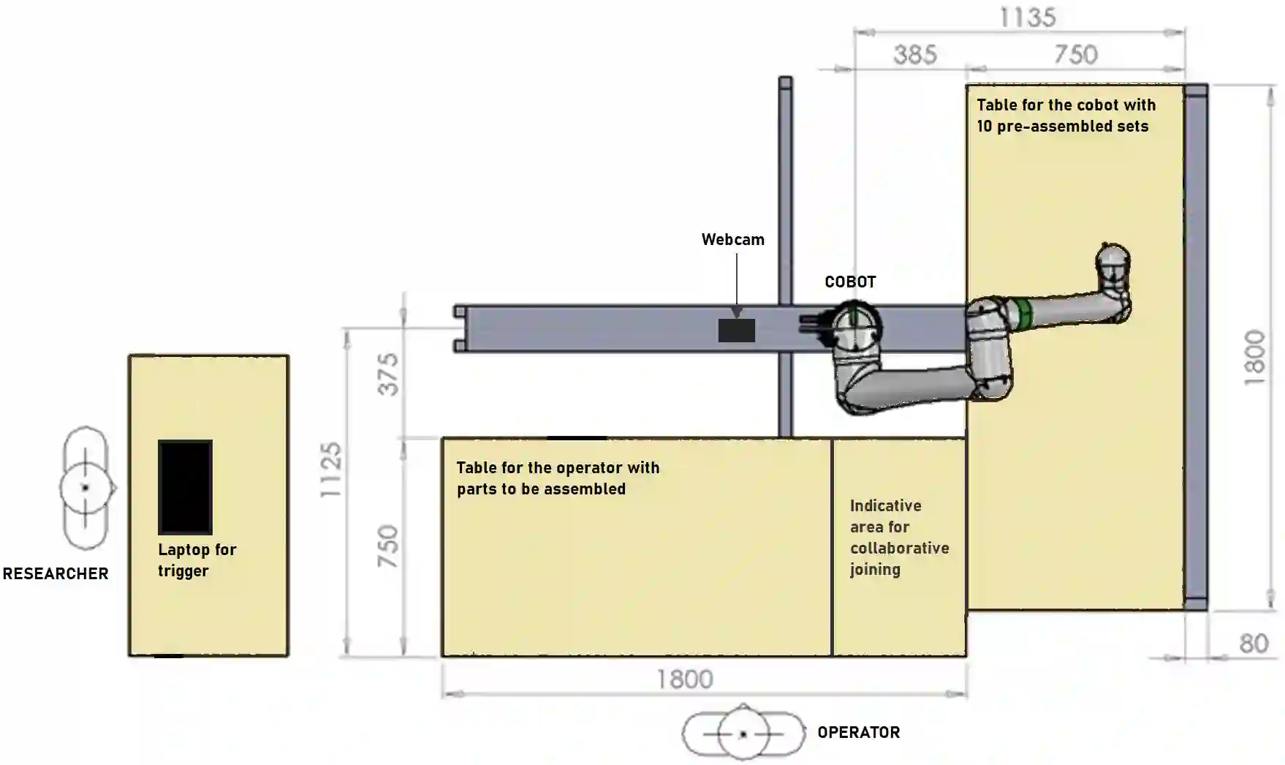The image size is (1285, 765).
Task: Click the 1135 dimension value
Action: pos(1027,18)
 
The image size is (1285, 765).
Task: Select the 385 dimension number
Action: pos(914,55)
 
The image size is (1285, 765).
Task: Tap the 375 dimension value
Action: pos(388,374)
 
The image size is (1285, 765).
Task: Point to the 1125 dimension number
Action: pos(331,470)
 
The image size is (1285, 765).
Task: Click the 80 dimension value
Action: pos(1254,644)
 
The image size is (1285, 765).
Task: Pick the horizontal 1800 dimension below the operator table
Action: pos(684,679)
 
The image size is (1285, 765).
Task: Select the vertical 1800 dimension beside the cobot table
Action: pos(1254,358)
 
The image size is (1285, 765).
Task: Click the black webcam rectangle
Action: pos(736,331)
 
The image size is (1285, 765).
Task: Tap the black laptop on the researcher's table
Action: pos(185,487)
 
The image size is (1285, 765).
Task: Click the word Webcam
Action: pos(732,240)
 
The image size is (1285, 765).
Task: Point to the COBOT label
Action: pos(850,282)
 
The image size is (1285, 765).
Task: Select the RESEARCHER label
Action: pos(56,574)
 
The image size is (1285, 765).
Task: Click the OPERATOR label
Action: pos(858,733)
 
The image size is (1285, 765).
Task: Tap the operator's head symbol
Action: pos(743,734)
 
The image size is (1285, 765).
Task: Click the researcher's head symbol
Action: pos(86,488)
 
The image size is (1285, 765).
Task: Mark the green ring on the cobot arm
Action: pos(1022,313)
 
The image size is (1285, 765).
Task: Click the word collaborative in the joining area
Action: pos(899,549)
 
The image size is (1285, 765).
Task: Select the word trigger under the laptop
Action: pos(183,571)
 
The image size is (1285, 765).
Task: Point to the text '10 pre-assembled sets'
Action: pos(1062,127)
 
